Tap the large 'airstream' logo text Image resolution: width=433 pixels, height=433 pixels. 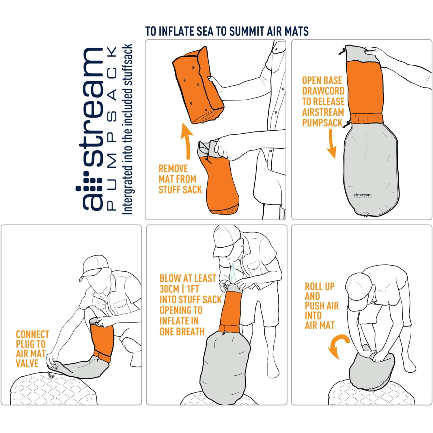[92, 128]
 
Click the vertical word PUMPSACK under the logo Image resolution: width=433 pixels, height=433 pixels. [112, 128]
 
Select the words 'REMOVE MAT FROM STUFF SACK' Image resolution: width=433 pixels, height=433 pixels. [180, 179]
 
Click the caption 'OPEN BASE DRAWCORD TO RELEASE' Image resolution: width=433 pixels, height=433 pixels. [323, 91]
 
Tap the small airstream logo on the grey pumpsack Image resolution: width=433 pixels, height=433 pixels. [363, 195]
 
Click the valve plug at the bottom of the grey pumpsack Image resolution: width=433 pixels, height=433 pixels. [365, 215]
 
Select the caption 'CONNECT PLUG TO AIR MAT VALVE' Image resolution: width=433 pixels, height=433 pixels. [32, 349]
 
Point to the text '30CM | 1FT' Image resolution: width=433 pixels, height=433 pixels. [179, 289]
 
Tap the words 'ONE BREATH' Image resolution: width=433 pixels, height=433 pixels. [182, 331]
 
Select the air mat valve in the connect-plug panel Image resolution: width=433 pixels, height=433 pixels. [51, 375]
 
